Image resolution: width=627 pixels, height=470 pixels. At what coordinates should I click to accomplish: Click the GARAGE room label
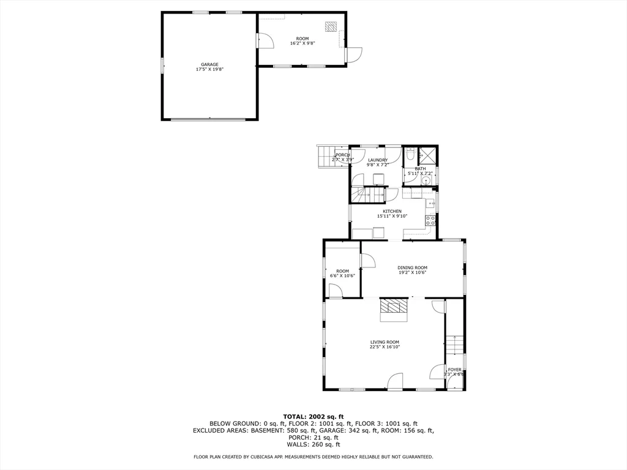(209, 64)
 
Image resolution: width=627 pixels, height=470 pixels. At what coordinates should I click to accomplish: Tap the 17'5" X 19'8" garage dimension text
(209, 69)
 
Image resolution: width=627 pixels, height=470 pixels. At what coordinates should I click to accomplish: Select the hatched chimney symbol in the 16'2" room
(331, 26)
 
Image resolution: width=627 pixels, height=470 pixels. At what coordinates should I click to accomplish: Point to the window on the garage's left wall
(162, 65)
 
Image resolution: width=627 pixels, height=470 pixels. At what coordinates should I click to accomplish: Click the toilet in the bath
(411, 154)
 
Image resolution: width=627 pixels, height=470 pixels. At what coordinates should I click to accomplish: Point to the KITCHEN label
(392, 211)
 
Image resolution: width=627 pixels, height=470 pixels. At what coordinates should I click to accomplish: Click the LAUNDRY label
(377, 160)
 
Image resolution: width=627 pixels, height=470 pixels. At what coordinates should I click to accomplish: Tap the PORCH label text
(342, 155)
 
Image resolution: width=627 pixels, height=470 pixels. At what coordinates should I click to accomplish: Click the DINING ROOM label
(412, 267)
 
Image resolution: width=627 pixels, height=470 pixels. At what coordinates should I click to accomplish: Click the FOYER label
(454, 370)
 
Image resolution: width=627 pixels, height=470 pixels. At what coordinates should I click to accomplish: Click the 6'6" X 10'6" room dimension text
(342, 276)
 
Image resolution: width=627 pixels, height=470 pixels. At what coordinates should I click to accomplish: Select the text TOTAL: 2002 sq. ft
(313, 416)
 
